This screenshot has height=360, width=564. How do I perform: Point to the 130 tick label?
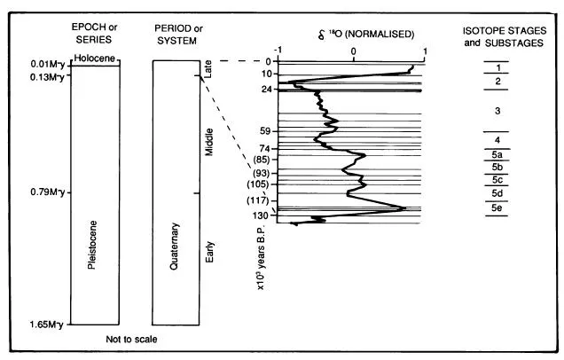(262, 215)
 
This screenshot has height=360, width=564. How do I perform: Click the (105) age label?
(260, 184)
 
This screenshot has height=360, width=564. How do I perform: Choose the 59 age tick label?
(264, 130)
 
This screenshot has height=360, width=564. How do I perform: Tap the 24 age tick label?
(264, 89)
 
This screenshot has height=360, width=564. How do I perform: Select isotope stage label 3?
(497, 111)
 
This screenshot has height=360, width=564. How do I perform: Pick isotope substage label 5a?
(497, 153)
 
